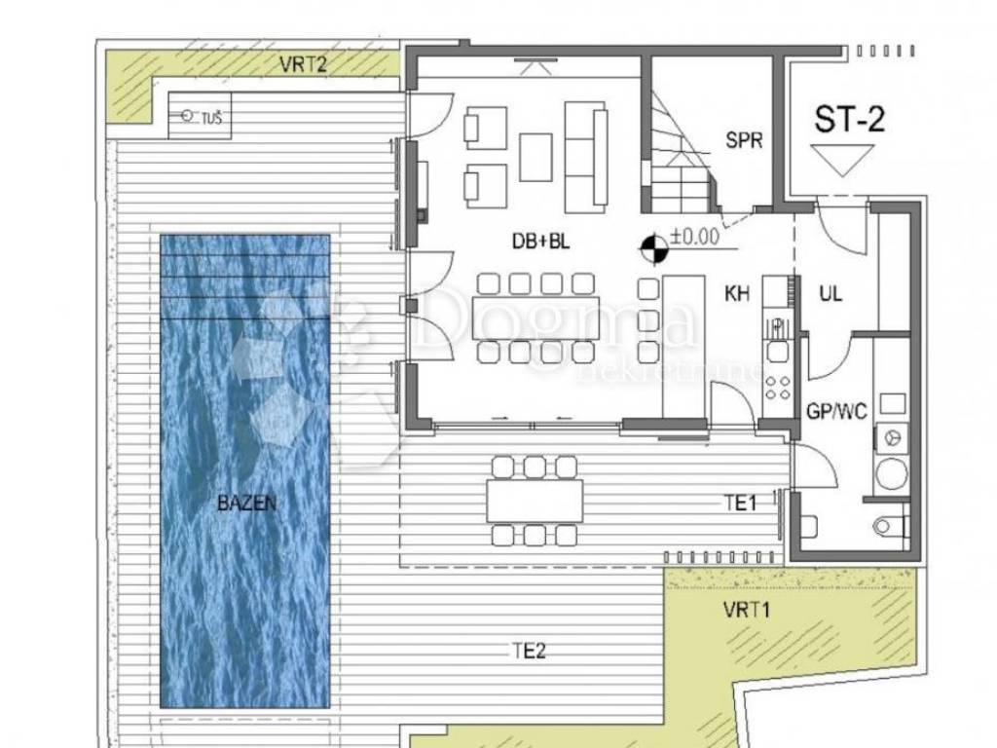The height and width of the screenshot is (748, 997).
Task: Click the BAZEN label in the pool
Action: tap(246, 504)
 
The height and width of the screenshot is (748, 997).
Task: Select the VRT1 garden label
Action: tap(747, 610)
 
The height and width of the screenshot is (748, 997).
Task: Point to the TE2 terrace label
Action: tap(529, 651)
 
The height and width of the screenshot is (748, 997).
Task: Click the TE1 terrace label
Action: tap(741, 504)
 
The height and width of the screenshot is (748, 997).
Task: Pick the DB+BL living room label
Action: tap(541, 242)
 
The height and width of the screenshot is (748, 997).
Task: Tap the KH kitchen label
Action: tap(737, 293)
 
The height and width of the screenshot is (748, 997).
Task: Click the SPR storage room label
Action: tap(744, 140)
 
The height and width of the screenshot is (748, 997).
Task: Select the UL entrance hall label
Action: tap(831, 293)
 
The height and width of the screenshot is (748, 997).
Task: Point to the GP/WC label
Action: tap(836, 412)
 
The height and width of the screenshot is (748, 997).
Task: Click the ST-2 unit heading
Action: tap(849, 119)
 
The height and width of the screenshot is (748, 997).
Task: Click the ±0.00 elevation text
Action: tap(694, 237)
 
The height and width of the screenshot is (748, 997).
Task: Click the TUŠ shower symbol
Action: tap(200, 116)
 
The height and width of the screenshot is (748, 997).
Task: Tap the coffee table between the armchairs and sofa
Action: tap(535, 157)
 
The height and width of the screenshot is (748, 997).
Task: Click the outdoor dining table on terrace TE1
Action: tap(535, 501)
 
